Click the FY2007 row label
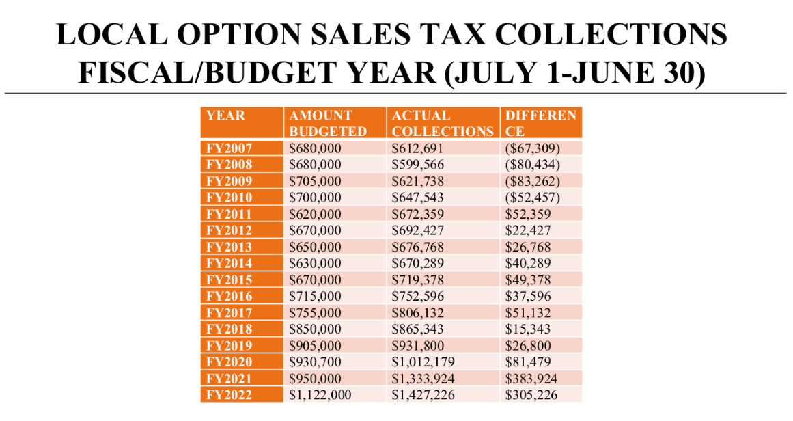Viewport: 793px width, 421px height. [x=229, y=148]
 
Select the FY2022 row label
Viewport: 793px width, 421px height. [x=229, y=395]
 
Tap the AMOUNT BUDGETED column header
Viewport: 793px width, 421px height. [x=328, y=123]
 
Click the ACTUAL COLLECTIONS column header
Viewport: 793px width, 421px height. [x=443, y=123]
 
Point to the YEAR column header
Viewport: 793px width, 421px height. [x=225, y=116]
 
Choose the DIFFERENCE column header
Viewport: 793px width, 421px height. [x=540, y=123]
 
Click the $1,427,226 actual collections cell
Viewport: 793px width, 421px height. [x=423, y=395]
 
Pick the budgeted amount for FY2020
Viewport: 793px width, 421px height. [x=315, y=362]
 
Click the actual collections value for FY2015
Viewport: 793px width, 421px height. [x=417, y=280]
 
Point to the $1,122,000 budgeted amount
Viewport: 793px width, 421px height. [x=320, y=395]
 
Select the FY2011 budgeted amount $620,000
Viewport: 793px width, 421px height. [x=315, y=214]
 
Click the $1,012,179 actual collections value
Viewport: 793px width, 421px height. [x=423, y=362]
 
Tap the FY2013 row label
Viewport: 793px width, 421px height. [x=229, y=247]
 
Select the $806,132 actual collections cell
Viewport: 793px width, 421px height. [x=417, y=313]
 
